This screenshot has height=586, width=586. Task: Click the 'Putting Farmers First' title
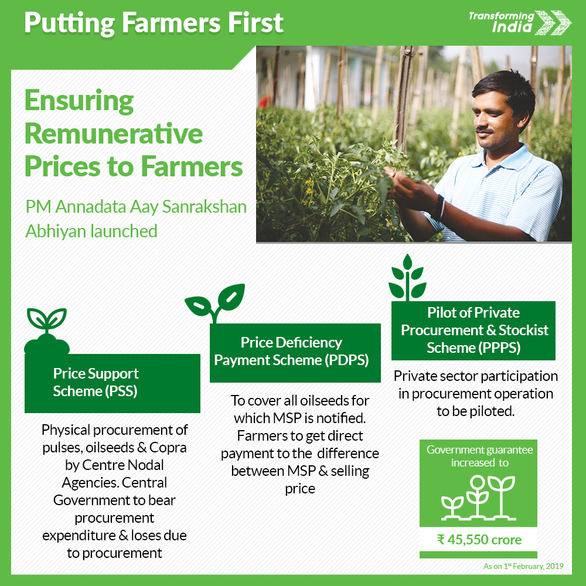point(154,23)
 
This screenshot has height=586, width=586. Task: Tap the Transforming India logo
point(520,23)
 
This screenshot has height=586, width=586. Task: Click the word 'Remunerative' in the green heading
point(114,134)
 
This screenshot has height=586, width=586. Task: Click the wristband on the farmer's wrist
point(439,207)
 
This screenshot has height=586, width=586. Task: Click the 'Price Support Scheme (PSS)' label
point(96,382)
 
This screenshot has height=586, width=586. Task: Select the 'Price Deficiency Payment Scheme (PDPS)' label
point(291,351)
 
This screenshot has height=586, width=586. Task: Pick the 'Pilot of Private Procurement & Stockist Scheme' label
point(474,330)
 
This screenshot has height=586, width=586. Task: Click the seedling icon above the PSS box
point(47,331)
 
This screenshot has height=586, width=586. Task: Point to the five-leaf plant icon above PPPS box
point(407,278)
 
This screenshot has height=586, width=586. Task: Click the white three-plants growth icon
point(478,498)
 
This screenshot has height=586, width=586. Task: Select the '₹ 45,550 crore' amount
point(479,540)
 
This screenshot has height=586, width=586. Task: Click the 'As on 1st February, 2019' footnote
point(523,566)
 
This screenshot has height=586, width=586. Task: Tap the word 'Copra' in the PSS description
point(168,448)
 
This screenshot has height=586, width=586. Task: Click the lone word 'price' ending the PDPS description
point(300,489)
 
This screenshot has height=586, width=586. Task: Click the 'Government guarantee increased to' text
point(480,456)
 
